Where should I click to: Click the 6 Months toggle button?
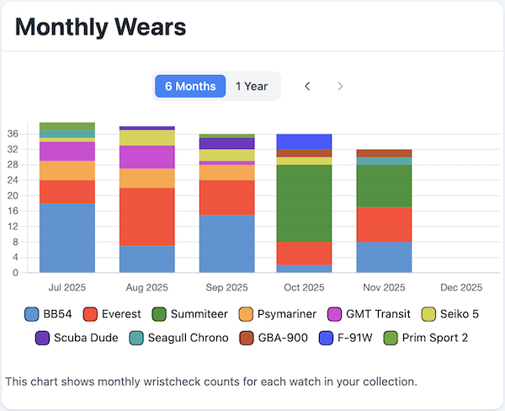pos(190,86)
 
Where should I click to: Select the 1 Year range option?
pos(252,86)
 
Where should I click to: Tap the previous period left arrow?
pos(307,86)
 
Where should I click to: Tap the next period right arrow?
pos(340,86)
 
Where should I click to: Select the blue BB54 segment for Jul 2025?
pos(67,238)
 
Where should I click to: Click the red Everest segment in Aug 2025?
pos(146,216)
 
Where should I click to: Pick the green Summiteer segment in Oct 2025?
pos(304,203)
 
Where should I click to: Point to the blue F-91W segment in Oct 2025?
pos(304,141)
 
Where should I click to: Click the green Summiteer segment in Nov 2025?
pos(384,185)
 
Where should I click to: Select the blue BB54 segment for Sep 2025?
pos(226,243)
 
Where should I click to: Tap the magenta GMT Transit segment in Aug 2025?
pos(146,157)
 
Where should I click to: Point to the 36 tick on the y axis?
pos(13,133)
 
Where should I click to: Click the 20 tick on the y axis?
pos(13,195)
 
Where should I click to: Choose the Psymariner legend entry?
pos(276,314)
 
